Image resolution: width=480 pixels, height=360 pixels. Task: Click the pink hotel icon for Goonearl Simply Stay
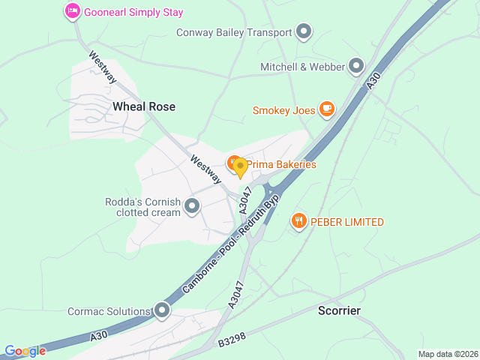[72, 11]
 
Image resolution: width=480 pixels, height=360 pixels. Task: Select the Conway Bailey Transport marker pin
[304, 31]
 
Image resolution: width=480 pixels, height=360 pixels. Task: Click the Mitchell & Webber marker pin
[355, 67]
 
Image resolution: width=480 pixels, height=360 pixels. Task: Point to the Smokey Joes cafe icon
[326, 110]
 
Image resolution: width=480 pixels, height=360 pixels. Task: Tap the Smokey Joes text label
[283, 111]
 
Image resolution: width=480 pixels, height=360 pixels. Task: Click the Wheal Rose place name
[144, 106]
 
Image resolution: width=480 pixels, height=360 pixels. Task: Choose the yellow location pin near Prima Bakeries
[241, 167]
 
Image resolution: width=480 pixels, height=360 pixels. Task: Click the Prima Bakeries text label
[281, 164]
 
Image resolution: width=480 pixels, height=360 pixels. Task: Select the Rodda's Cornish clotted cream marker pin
[192, 205]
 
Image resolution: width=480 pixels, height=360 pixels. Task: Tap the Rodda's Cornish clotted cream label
[143, 207]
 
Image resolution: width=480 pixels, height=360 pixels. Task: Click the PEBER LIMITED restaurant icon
[298, 221]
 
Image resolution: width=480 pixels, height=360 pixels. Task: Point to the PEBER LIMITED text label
[348, 222]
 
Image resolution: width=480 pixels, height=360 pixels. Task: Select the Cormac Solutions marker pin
[162, 310]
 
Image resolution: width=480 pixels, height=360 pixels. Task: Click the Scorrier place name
[339, 310]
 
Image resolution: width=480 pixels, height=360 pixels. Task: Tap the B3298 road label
[233, 341]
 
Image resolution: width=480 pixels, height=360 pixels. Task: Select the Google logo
[25, 351]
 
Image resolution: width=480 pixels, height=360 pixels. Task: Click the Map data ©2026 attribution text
[447, 354]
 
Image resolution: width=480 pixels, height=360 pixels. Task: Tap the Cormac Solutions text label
[109, 311]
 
